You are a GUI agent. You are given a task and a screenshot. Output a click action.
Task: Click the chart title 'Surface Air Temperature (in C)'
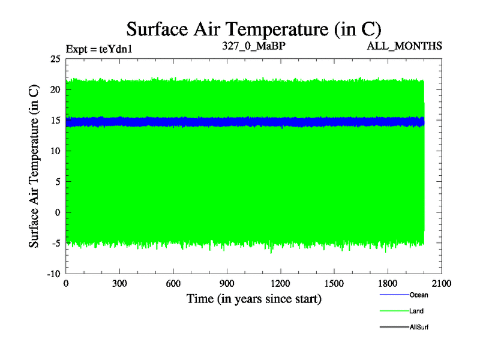(253, 28)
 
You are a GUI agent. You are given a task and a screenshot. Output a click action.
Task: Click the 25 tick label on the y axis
(55, 59)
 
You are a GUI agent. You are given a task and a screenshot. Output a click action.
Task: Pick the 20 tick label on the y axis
(55, 89)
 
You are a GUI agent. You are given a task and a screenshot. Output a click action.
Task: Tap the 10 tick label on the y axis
(55, 151)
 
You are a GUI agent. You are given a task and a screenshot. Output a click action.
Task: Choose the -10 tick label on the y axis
(53, 274)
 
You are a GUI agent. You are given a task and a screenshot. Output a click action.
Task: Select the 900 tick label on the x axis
(227, 284)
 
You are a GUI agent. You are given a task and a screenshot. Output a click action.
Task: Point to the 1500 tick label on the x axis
(334, 284)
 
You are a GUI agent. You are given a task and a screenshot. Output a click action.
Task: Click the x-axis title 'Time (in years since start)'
(254, 298)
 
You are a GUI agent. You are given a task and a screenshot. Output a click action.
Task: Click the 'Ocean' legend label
(419, 295)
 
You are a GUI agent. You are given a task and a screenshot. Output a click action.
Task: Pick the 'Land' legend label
(416, 311)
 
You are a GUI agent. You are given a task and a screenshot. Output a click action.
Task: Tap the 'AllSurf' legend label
(419, 328)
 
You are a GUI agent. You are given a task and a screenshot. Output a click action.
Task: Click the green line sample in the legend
(394, 311)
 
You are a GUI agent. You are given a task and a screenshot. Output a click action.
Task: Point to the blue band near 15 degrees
(240, 122)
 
